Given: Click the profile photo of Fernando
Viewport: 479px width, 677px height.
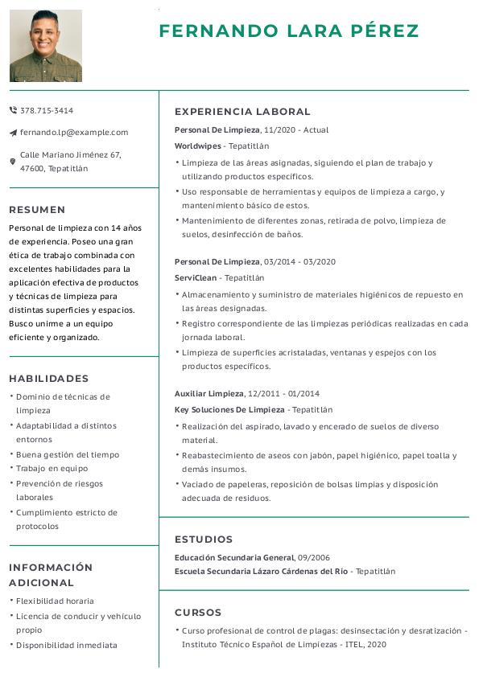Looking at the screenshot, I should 46,46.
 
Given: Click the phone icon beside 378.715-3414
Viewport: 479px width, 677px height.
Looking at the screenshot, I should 13,110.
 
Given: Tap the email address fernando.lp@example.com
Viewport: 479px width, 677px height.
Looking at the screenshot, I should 74,132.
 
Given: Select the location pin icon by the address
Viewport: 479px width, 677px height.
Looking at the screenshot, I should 13,162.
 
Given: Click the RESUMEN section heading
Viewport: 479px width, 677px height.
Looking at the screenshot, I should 37,210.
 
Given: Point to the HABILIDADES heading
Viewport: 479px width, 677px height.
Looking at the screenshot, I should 49,379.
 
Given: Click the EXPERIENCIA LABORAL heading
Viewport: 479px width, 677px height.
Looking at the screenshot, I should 242,112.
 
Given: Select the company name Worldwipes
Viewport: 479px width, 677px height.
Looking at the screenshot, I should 197,146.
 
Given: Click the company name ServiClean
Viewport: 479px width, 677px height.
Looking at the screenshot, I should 196,277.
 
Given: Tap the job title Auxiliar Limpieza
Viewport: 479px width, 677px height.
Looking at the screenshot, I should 209,393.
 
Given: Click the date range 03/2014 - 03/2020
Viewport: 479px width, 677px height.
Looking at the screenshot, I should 299,261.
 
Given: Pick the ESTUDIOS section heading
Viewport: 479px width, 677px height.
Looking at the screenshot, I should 204,540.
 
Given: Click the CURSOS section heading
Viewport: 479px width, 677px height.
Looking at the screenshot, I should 198,613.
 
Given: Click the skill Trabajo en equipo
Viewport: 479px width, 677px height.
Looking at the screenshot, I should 52,468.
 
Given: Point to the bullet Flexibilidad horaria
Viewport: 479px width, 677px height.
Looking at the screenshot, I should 55,601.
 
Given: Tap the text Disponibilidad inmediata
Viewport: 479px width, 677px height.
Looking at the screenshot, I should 66,645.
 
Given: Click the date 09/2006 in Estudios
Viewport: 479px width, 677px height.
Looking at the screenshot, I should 313,557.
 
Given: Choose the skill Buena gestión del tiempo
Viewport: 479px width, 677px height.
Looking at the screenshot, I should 68,454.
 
